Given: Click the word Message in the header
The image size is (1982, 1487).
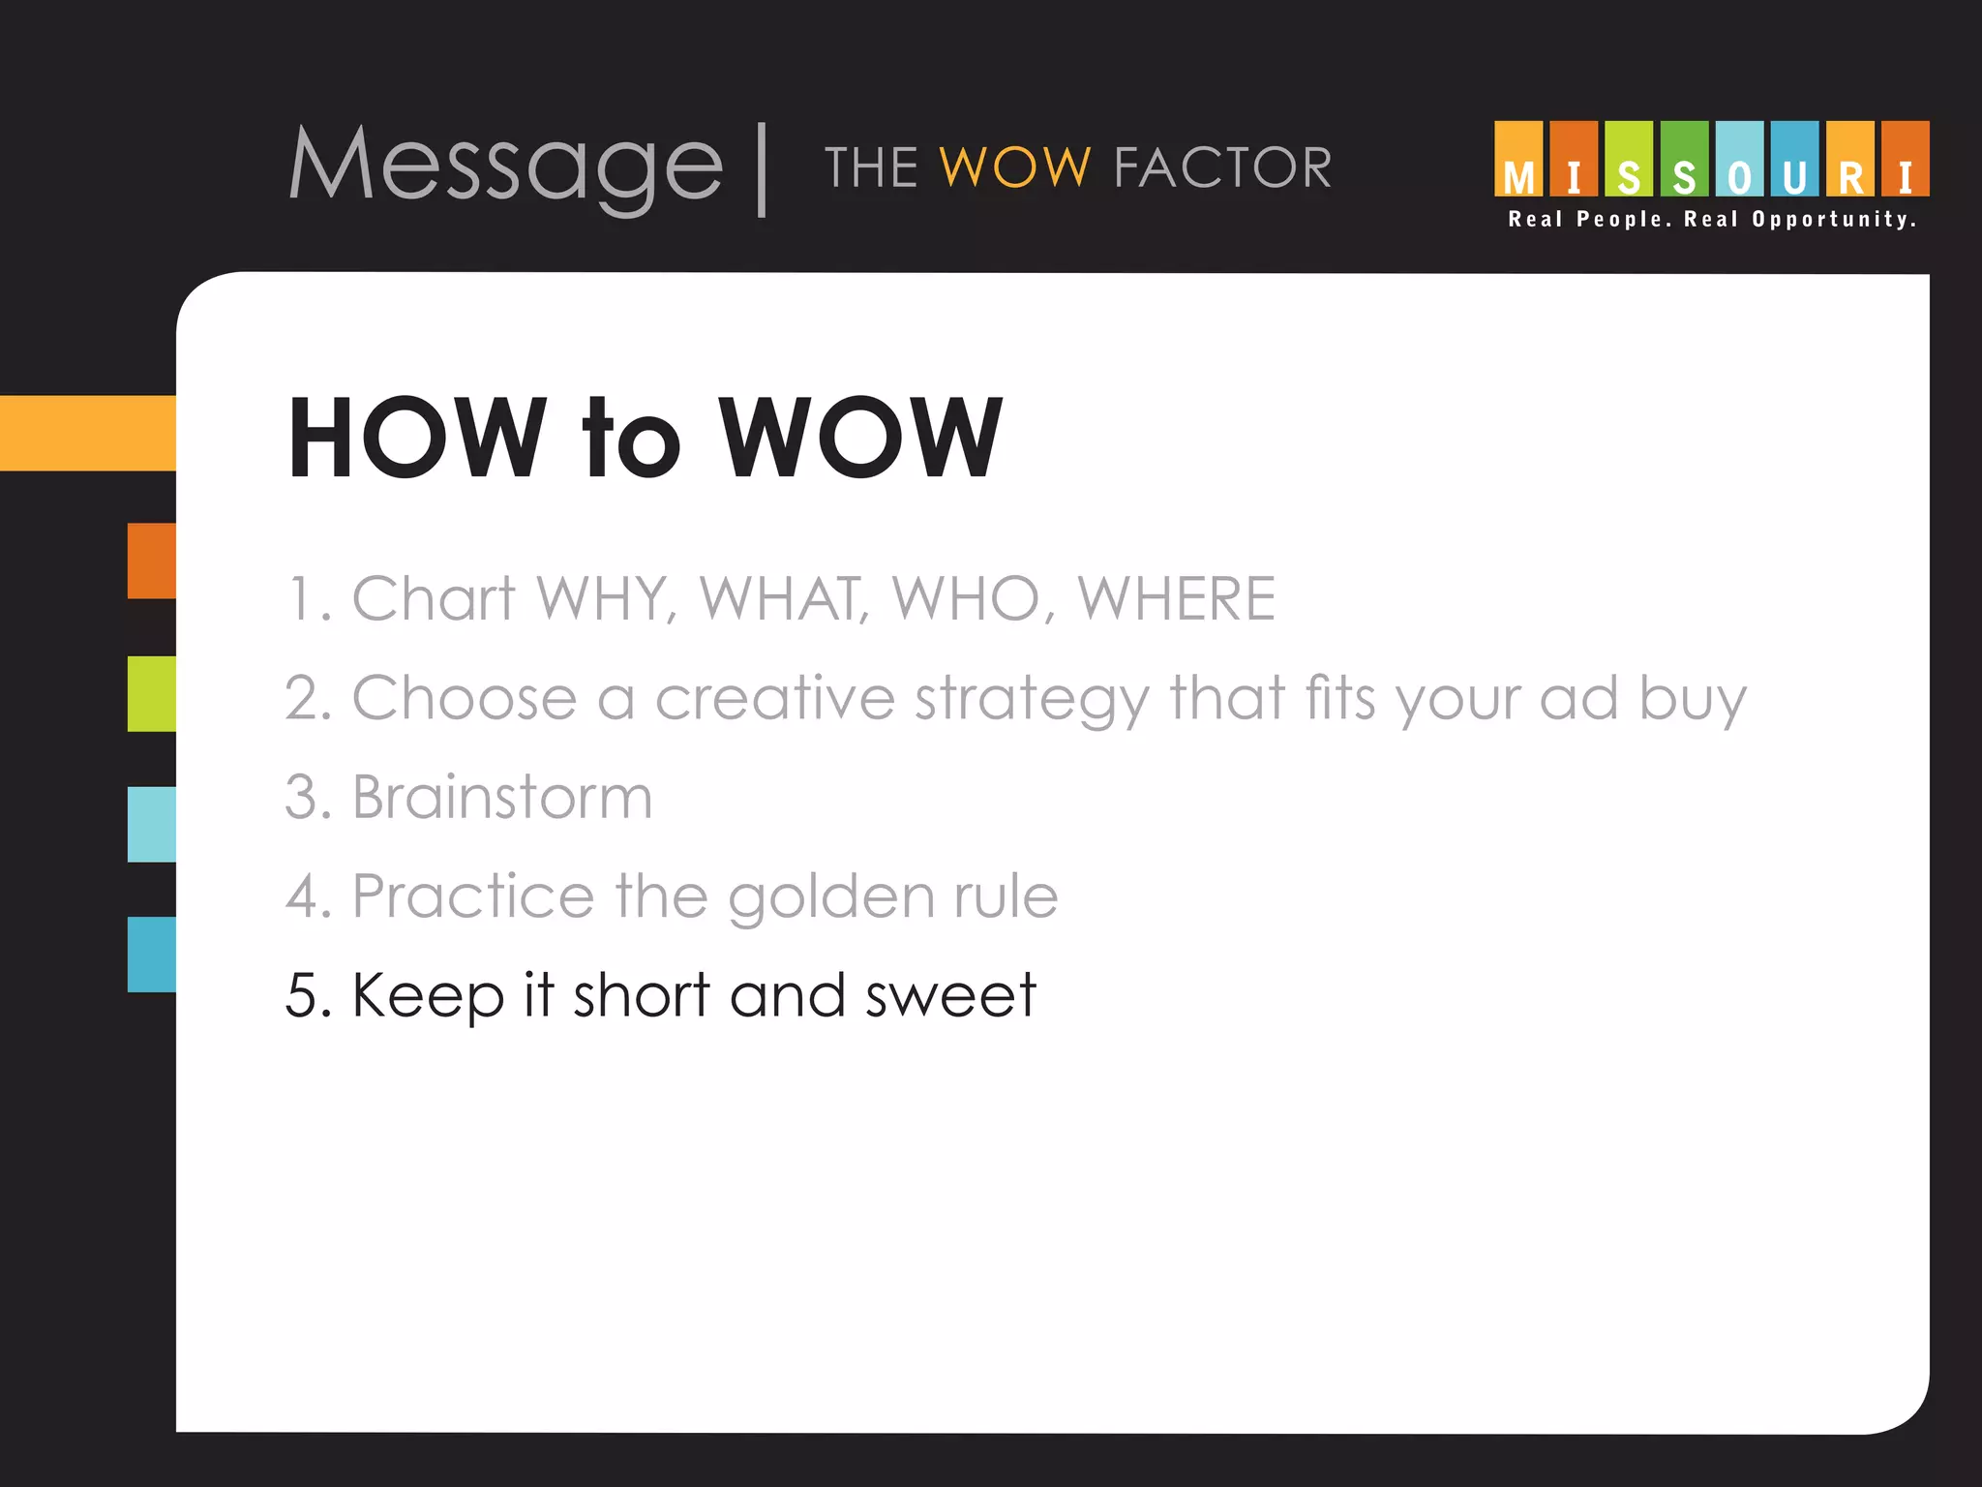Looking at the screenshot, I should pyautogui.click(x=505, y=167).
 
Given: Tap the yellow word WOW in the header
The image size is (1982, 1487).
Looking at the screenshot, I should pyautogui.click(x=1015, y=167).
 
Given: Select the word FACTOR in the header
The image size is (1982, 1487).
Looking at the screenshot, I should pyautogui.click(x=1222, y=167).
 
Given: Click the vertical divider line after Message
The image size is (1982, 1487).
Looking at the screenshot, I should pyautogui.click(x=763, y=169).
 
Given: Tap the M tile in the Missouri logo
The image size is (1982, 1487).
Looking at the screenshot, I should pyautogui.click(x=1518, y=160).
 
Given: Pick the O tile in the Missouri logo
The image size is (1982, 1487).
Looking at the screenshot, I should pyautogui.click(x=1739, y=160).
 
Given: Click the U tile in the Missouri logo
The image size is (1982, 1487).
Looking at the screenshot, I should pyautogui.click(x=1794, y=160).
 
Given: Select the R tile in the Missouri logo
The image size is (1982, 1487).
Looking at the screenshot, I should pyautogui.click(x=1850, y=160).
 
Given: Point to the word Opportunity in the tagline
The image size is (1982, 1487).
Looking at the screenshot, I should pyautogui.click(x=1834, y=220).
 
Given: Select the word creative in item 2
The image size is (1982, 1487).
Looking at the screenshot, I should pyautogui.click(x=775, y=698).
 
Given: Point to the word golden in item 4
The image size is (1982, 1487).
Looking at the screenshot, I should pyautogui.click(x=831, y=896).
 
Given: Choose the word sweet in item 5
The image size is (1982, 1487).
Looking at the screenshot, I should pyautogui.click(x=949, y=995).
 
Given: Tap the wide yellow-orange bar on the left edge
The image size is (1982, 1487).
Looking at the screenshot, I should pyautogui.click(x=88, y=433).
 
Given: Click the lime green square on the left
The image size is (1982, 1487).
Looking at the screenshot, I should pyautogui.click(x=152, y=694).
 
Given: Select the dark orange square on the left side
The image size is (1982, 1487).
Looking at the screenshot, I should pyautogui.click(x=152, y=561).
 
